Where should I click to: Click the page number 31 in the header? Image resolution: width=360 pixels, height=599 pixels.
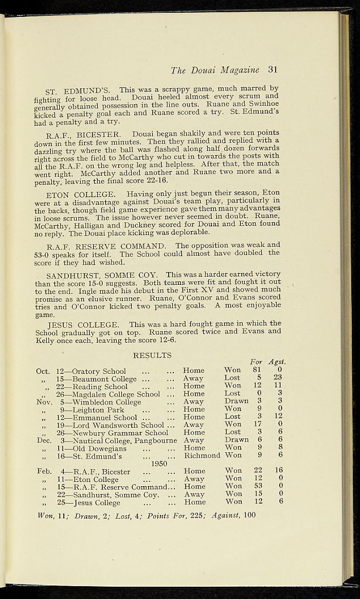click(272, 70)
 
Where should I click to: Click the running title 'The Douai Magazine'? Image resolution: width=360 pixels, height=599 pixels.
click(215, 70)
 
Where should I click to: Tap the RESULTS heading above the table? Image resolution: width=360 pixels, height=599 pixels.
click(152, 355)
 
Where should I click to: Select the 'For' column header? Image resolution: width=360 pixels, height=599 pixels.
click(256, 362)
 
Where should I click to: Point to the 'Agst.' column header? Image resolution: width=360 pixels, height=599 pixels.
click(277, 362)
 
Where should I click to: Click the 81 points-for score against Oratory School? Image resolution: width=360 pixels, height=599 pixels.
click(256, 370)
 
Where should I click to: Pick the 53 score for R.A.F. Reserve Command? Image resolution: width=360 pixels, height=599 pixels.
click(258, 486)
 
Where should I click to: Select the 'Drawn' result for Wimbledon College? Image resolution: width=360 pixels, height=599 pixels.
click(236, 401)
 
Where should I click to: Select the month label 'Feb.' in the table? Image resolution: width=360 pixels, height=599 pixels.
click(44, 471)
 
